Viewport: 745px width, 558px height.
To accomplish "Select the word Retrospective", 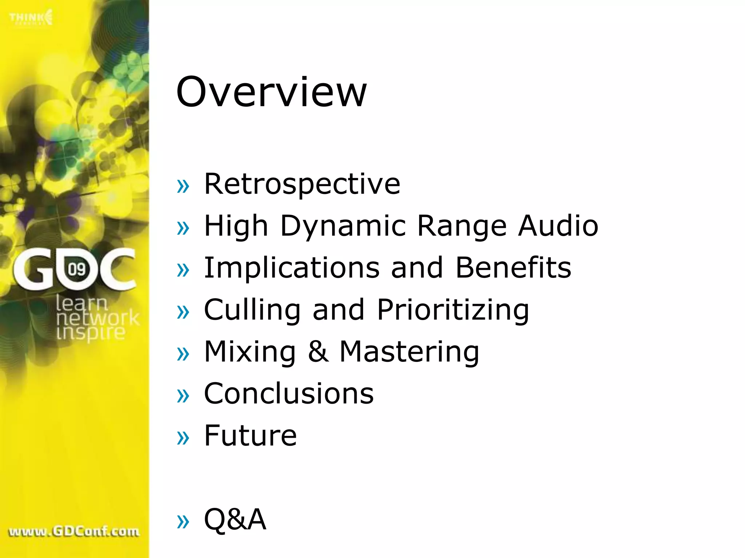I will pyautogui.click(x=302, y=184).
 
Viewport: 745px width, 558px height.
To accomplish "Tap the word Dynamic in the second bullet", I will pyautogui.click(x=343, y=226).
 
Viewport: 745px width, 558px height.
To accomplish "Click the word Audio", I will pyautogui.click(x=558, y=226).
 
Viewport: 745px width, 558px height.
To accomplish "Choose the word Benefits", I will pyautogui.click(x=513, y=268).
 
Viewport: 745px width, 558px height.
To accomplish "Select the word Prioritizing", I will pyautogui.click(x=453, y=310).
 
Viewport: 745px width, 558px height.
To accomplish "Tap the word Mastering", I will pyautogui.click(x=409, y=352).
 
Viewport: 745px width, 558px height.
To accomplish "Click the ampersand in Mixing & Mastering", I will pyautogui.click(x=318, y=352).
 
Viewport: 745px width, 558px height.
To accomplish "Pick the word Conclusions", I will pyautogui.click(x=289, y=394).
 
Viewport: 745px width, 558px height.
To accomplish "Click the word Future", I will pyautogui.click(x=250, y=436).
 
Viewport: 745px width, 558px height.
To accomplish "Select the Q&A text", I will pyautogui.click(x=235, y=519).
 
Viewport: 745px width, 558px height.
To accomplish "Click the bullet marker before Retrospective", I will pyautogui.click(x=183, y=186).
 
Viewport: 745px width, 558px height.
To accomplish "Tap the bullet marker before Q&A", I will pyautogui.click(x=183, y=522).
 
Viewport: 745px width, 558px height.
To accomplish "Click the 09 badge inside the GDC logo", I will pyautogui.click(x=77, y=269).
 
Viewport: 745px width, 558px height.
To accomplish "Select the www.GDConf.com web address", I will pyautogui.click(x=74, y=531).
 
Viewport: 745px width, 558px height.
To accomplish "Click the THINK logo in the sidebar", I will pyautogui.click(x=31, y=17).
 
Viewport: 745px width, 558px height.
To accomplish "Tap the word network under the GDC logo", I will pyautogui.click(x=97, y=318).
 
